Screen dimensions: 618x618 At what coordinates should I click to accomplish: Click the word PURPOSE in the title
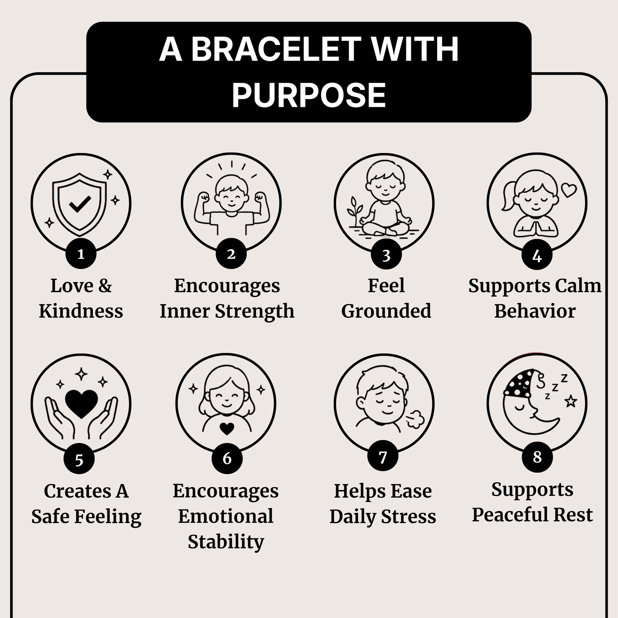tap(309, 95)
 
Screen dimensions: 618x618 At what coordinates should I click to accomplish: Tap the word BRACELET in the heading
tap(276, 49)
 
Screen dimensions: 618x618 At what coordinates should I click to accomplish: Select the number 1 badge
tap(81, 254)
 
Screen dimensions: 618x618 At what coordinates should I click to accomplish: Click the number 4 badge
tap(537, 255)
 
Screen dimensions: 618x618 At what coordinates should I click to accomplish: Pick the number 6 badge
tap(227, 458)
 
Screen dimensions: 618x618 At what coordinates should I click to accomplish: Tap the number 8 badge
tap(537, 457)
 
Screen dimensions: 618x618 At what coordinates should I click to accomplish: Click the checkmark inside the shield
tap(80, 204)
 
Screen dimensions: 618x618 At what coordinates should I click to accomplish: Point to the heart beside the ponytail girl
tap(569, 190)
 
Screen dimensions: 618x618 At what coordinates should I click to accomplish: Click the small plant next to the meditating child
tap(355, 212)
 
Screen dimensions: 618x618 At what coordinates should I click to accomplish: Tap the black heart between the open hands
tap(81, 404)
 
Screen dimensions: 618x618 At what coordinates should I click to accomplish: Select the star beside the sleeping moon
tap(571, 401)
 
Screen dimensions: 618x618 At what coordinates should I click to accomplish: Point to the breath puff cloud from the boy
tap(415, 419)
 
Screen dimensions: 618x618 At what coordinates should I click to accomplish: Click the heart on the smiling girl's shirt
tap(227, 429)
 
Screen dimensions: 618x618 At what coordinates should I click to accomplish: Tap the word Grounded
tap(386, 311)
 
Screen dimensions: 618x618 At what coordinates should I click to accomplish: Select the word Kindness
tap(81, 311)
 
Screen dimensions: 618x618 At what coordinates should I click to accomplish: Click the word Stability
tap(226, 542)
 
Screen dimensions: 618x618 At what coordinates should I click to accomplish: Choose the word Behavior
tap(535, 311)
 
